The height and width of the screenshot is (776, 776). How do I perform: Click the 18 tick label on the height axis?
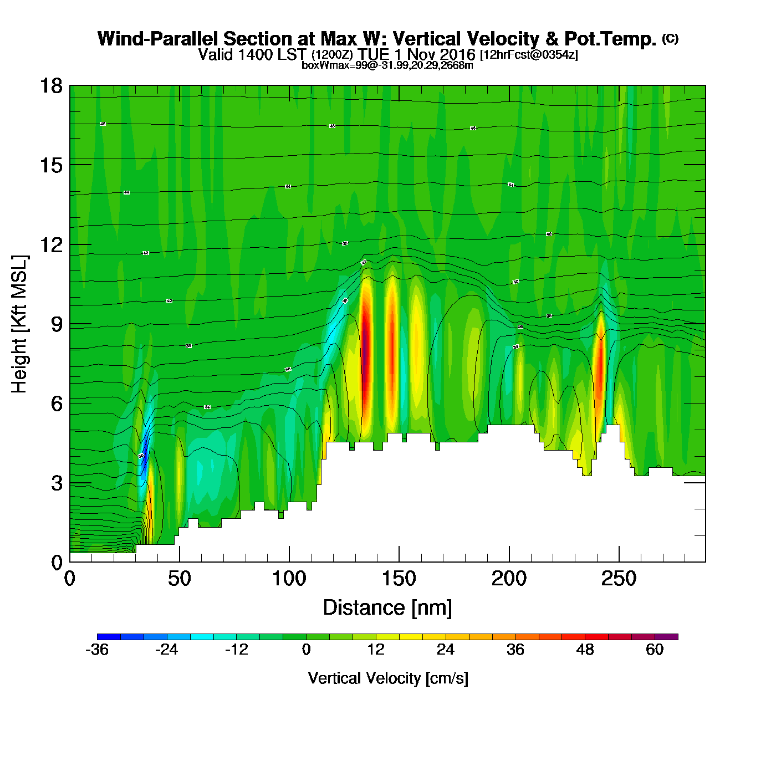[x=51, y=86]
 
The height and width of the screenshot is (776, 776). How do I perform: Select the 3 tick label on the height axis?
[x=57, y=483]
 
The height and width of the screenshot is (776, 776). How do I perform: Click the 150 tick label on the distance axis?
[x=399, y=579]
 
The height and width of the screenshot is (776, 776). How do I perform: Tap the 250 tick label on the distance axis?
[x=619, y=579]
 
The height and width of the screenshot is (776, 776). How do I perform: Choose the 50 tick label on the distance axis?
[x=179, y=579]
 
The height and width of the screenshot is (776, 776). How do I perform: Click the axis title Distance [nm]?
[x=387, y=608]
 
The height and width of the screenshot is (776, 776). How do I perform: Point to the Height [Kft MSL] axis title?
[x=19, y=324]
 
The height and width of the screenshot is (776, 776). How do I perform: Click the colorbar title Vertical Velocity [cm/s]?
[x=388, y=678]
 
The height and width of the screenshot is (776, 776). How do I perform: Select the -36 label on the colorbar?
[x=97, y=650]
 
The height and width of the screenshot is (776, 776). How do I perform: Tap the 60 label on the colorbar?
[x=655, y=650]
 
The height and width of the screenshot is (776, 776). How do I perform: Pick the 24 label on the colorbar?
[x=445, y=650]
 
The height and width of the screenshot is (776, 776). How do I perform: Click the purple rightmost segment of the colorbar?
[x=666, y=637]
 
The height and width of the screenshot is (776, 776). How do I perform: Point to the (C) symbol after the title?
[x=670, y=38]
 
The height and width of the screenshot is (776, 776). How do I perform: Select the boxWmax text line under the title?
[x=387, y=65]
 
